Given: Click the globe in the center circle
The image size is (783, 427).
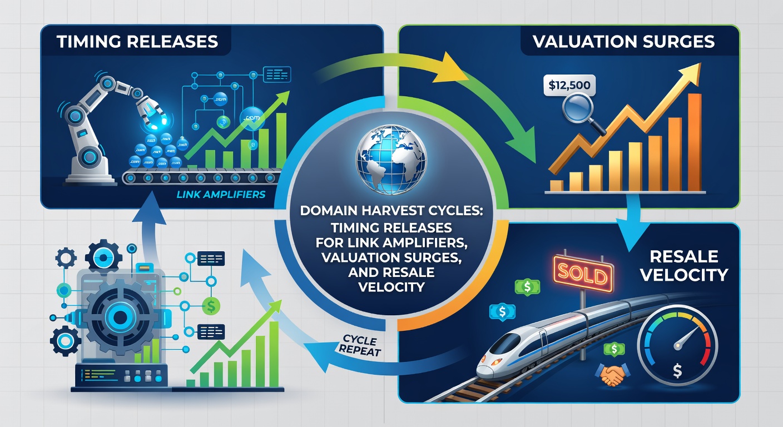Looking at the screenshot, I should (391, 160).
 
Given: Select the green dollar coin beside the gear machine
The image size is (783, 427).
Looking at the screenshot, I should (210, 304).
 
